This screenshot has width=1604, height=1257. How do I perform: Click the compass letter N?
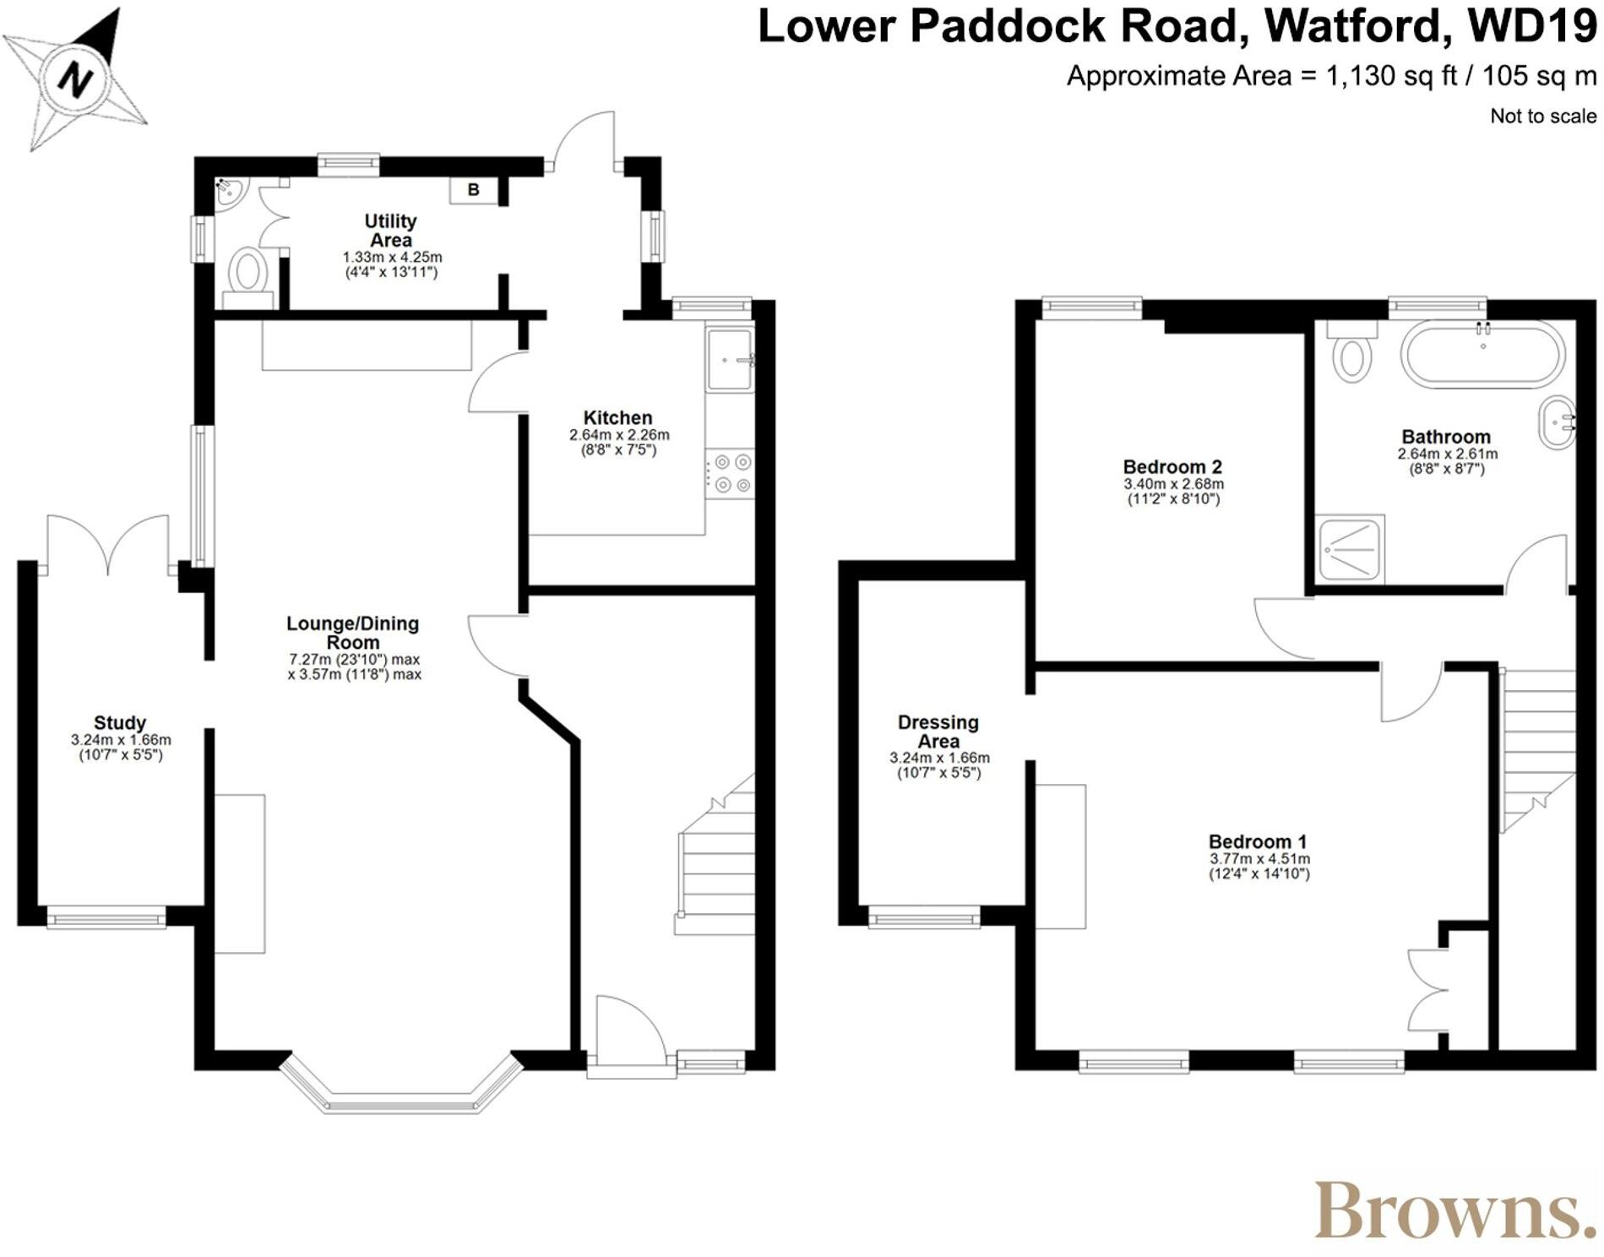75,79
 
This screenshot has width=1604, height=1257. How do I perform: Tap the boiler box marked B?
473,190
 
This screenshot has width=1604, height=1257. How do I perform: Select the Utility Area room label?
390,231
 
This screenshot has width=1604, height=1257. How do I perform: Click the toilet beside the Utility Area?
248,273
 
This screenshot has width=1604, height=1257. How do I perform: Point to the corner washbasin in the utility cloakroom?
228,191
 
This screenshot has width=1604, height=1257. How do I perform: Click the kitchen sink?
730,360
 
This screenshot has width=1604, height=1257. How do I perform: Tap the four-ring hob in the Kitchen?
731,473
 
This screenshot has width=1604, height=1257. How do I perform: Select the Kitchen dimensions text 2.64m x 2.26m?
619,435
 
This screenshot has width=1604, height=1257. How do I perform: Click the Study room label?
120,722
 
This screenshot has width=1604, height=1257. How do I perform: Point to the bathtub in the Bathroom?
1482,356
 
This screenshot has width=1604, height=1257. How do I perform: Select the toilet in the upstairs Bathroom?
1351,355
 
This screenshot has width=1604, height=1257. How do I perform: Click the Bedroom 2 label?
1172,466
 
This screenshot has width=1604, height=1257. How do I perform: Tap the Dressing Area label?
938,732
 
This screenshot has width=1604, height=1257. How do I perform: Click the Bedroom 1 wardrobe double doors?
1427,989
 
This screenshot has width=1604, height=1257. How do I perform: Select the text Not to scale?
1542,117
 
